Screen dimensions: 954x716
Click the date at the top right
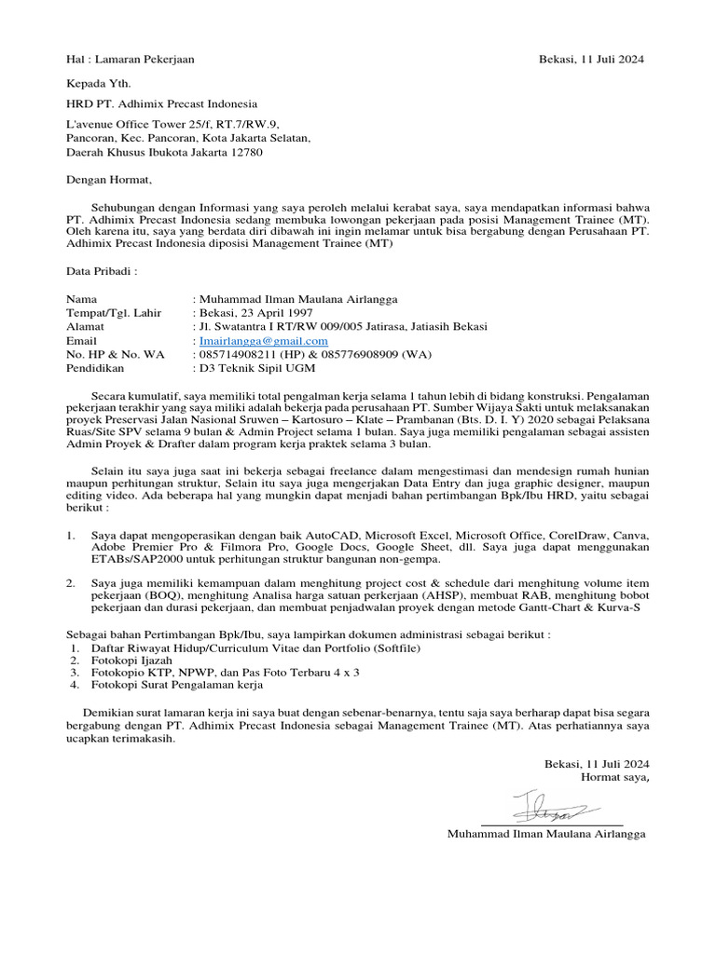click(x=591, y=59)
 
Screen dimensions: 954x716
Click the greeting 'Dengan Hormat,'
click(x=107, y=181)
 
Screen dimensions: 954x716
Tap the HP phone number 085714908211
click(x=232, y=355)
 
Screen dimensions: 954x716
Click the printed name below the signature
click(x=546, y=834)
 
